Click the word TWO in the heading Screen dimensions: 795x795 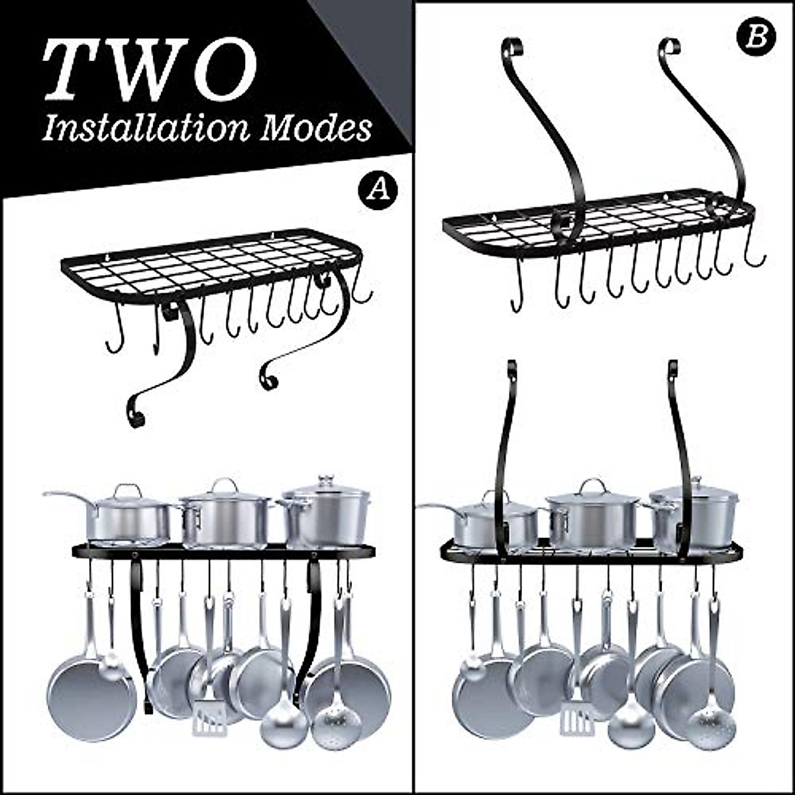pyautogui.click(x=149, y=71)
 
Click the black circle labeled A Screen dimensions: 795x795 pyautogui.click(x=378, y=189)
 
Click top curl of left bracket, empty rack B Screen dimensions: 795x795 pyautogui.click(x=511, y=47)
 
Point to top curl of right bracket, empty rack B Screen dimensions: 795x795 pyautogui.click(x=670, y=48)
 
